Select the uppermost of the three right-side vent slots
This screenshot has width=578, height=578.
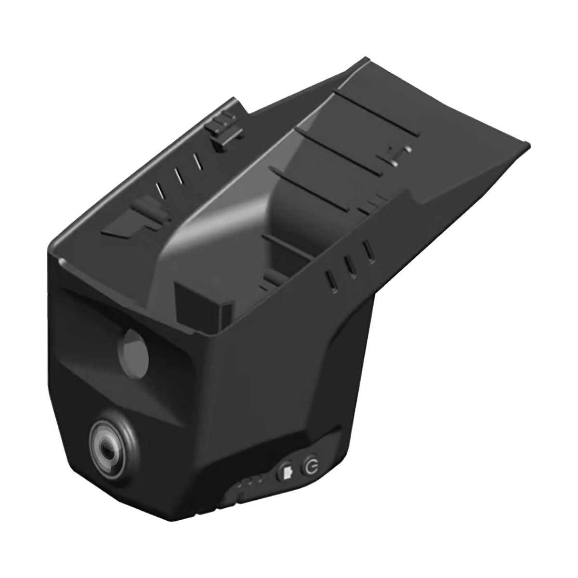[x=368, y=251]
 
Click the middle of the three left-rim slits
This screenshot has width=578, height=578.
[x=179, y=175]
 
